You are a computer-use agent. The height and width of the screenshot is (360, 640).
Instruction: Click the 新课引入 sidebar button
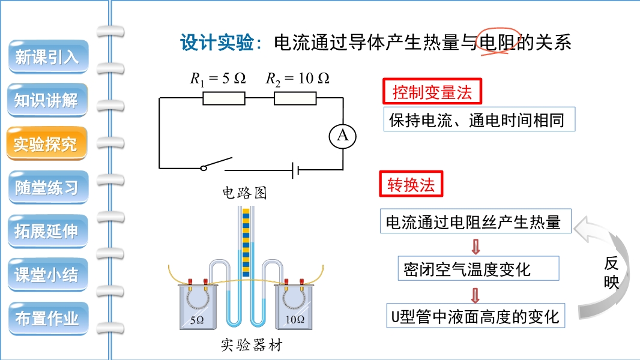[47, 57]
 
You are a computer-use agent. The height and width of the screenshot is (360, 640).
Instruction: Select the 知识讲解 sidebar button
[47, 100]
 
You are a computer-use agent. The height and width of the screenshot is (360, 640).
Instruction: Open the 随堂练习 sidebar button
[47, 187]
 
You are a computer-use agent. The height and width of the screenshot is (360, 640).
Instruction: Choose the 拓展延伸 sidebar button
[47, 231]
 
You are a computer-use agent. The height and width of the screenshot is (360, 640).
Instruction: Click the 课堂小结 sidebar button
[47, 275]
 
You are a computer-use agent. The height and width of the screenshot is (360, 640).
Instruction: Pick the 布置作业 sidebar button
[47, 318]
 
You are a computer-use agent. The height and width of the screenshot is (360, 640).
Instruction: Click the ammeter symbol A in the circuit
[343, 136]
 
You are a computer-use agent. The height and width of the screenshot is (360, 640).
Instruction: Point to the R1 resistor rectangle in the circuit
[223, 98]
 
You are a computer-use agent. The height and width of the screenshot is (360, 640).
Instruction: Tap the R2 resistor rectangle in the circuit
[295, 98]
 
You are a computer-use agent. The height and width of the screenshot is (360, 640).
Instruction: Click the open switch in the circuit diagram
[216, 164]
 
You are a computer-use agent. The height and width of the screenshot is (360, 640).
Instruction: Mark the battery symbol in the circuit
[295, 169]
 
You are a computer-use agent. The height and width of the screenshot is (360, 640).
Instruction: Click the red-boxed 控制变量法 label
[432, 92]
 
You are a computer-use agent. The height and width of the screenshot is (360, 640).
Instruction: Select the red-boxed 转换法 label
[410, 184]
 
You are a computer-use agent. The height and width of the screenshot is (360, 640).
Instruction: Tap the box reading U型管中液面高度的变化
[475, 316]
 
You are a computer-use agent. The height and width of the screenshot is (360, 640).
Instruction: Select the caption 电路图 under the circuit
[244, 193]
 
